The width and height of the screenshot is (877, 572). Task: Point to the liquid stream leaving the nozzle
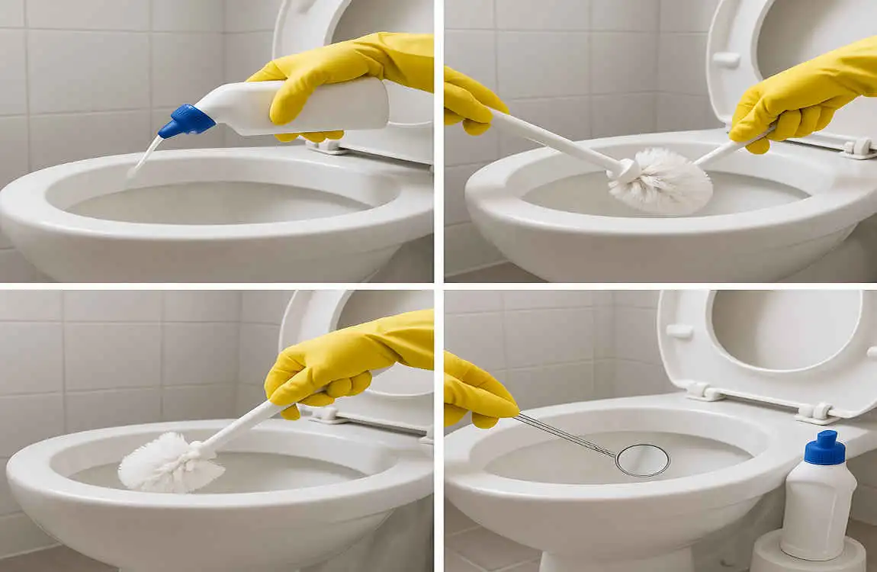pos(145,156)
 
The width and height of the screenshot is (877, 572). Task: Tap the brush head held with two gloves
pos(660,180)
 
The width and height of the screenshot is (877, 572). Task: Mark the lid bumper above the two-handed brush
pos(725,58)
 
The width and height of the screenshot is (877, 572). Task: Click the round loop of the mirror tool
pos(642,460)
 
